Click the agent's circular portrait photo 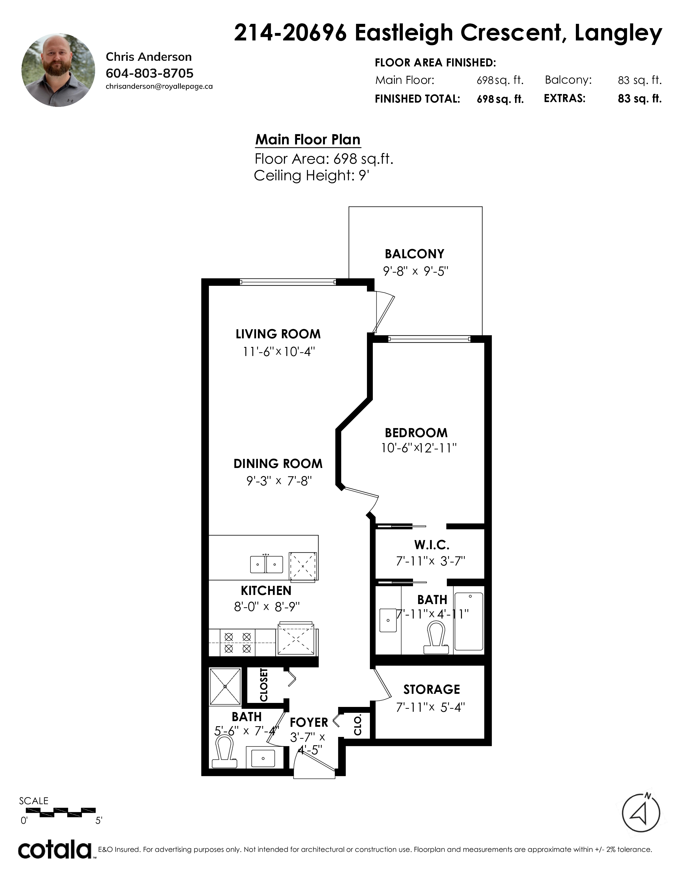pos(58,70)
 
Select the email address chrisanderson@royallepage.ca pos(159,86)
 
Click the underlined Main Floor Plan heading pos(307,140)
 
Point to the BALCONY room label pos(414,254)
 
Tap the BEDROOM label pos(416,433)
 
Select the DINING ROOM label pos(278,463)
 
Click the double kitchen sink pos(266,564)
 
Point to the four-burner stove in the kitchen pos(238,643)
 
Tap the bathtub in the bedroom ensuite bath pos(468,621)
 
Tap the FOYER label pos(309,722)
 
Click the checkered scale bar pos(61,810)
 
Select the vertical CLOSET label pos(264,685)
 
